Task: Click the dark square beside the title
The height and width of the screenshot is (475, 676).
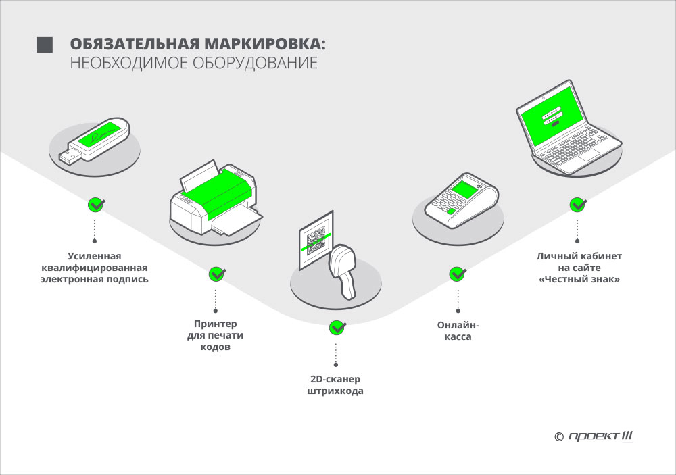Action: (x=45, y=45)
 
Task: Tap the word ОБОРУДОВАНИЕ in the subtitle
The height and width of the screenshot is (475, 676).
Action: (x=255, y=63)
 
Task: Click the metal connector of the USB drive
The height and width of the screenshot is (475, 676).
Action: (x=70, y=157)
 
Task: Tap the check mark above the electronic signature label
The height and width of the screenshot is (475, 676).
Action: (x=96, y=205)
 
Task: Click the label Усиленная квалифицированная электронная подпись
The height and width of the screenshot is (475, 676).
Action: (x=95, y=268)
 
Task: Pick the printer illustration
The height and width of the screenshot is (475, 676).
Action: (x=216, y=198)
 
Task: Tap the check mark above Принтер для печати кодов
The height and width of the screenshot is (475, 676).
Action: (x=217, y=274)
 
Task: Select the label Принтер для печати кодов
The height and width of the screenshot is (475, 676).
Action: (x=215, y=335)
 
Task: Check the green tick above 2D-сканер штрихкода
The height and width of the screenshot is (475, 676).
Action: (x=337, y=328)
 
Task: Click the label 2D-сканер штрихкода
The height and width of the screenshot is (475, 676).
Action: (x=335, y=385)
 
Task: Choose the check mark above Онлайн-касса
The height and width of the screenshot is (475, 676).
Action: (x=458, y=274)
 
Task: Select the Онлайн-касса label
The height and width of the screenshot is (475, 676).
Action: (x=458, y=330)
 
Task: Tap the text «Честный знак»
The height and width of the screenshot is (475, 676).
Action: (x=579, y=279)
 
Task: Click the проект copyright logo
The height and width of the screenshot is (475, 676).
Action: (x=594, y=436)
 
